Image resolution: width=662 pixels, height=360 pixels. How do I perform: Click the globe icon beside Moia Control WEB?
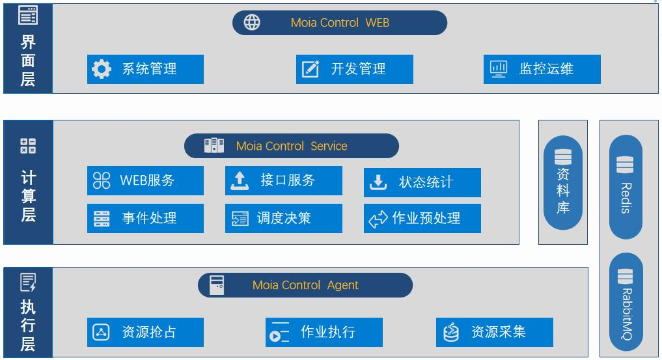(x=252, y=22)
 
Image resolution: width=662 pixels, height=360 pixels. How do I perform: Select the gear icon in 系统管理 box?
(x=102, y=69)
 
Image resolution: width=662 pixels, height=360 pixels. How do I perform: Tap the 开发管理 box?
(x=355, y=69)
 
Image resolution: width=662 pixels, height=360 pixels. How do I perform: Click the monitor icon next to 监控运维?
(x=499, y=69)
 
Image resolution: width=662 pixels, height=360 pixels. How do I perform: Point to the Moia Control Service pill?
(x=292, y=146)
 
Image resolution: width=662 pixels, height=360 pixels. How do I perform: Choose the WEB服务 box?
(x=145, y=180)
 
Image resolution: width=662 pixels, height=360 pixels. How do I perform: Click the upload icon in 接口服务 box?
(x=240, y=180)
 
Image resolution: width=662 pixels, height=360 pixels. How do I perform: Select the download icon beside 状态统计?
(x=378, y=182)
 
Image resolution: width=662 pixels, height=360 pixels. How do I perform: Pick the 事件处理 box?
(x=145, y=218)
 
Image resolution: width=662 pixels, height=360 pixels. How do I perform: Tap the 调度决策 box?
(x=284, y=218)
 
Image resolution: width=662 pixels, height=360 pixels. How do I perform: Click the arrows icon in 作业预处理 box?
(x=378, y=219)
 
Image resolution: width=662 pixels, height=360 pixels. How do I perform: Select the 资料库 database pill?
(x=563, y=183)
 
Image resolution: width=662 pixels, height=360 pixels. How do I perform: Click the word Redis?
(x=626, y=198)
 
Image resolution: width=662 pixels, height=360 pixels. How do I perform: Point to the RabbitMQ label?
(x=627, y=314)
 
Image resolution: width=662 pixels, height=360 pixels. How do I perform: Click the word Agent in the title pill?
(x=342, y=285)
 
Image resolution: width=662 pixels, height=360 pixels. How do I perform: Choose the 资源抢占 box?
(x=145, y=332)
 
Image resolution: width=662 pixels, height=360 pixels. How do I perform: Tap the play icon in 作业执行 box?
(x=275, y=337)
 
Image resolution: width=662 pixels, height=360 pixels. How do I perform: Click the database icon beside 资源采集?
(x=451, y=332)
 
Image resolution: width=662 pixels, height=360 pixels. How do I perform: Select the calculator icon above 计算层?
(x=28, y=146)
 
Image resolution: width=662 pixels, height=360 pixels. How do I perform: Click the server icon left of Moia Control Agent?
(x=217, y=285)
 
